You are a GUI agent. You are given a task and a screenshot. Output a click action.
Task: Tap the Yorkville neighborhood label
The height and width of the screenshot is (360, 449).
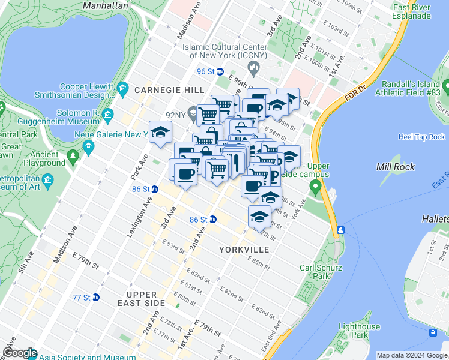(244, 248)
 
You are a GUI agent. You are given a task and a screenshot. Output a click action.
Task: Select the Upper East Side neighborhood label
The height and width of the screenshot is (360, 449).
(142, 299)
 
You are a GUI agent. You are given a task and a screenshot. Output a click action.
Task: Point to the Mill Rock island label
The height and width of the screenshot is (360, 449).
(393, 166)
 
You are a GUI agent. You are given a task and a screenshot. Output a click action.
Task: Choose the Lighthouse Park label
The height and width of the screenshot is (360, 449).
(359, 331)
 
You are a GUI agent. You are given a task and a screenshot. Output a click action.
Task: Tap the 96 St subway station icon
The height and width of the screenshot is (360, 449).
(220, 71)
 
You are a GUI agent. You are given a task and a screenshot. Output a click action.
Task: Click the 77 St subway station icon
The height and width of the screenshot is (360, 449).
(95, 297)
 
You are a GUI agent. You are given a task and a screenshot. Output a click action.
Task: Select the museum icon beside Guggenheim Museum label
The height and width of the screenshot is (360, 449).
(108, 115)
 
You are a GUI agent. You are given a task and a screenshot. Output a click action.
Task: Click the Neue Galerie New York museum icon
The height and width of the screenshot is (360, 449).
(89, 146)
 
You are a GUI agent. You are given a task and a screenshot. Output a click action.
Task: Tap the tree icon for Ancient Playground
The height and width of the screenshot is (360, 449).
(73, 157)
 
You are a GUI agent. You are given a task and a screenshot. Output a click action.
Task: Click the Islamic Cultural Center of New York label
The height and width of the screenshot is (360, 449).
(229, 51)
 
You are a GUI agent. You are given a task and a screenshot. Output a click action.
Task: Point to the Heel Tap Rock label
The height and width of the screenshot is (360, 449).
(421, 137)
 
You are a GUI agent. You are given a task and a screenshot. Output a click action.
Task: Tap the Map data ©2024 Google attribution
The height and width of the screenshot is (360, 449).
(412, 355)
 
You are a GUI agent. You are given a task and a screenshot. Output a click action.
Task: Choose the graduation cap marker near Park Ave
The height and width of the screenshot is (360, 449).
(160, 132)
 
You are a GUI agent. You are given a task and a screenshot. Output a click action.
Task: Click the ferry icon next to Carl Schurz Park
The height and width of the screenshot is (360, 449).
(340, 230)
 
